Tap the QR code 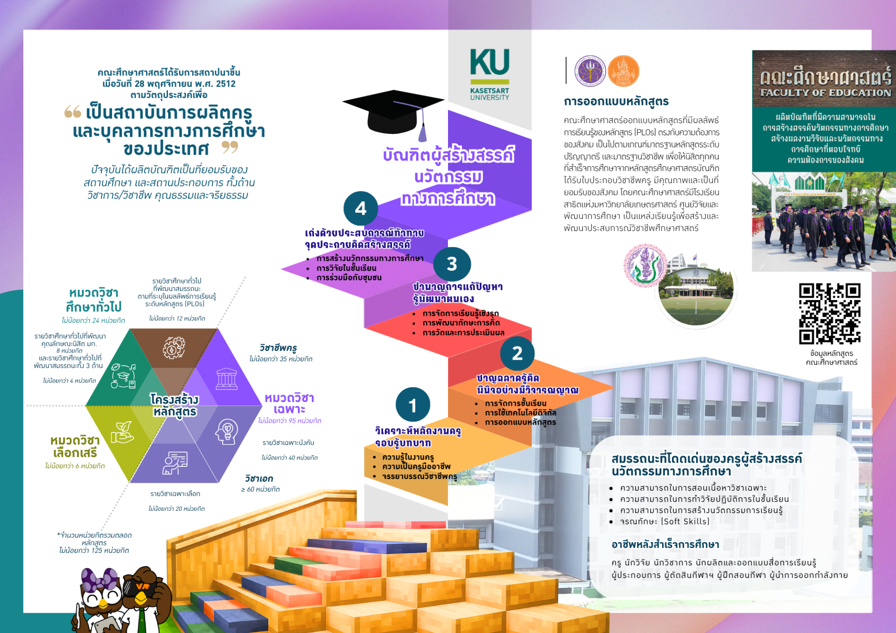[829, 313]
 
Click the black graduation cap [393, 112]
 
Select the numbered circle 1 [413, 405]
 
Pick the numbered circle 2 [517, 353]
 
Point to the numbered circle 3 [452, 264]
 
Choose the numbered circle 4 [360, 209]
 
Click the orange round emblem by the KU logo [623, 71]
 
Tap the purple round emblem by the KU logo [590, 71]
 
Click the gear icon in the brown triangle [174, 348]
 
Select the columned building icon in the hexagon [227, 378]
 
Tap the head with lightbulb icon [227, 431]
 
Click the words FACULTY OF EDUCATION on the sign [825, 93]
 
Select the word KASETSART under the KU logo [490, 90]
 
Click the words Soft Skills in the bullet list [685, 522]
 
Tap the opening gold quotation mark [72, 111]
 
